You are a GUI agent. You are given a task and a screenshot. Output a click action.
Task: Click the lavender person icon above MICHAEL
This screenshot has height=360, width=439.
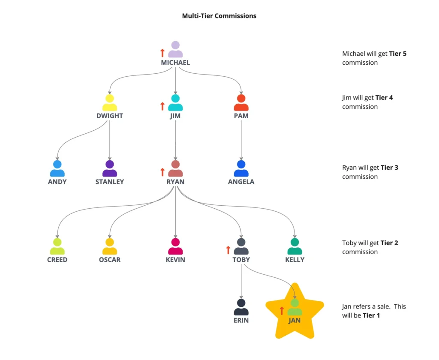point(175,49)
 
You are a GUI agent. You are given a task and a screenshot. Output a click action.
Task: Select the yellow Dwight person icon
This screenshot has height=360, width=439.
point(110,102)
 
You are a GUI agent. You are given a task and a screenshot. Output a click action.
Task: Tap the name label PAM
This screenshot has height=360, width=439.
point(241,116)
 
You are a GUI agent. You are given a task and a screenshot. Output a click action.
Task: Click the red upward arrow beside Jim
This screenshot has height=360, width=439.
point(162,106)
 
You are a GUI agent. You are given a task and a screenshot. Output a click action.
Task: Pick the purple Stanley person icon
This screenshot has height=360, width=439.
point(110,168)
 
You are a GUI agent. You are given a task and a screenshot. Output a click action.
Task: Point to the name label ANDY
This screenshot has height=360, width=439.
point(57,182)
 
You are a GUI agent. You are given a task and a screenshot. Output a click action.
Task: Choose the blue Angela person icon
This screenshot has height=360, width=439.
point(241,168)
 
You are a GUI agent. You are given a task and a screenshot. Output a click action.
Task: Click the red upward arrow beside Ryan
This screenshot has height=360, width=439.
point(162,172)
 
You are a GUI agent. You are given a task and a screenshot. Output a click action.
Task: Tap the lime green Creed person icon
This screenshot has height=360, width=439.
point(57,246)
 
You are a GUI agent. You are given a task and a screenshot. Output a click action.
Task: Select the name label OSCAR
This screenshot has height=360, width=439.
point(110,260)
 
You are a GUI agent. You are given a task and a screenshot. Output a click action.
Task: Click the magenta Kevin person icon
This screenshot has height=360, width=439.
point(175,246)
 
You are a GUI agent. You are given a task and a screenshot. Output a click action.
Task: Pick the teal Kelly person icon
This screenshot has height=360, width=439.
point(295,246)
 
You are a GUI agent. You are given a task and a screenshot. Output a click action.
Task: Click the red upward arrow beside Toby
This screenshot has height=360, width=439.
point(228,250)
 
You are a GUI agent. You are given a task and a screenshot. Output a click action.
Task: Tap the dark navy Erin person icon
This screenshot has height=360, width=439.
point(241,307)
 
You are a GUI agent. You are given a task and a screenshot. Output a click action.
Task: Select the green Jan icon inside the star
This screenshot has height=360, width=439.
point(295,307)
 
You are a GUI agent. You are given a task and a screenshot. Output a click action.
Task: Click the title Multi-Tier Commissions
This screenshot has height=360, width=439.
point(219,16)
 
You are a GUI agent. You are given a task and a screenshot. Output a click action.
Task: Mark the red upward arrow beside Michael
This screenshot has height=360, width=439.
point(162,53)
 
